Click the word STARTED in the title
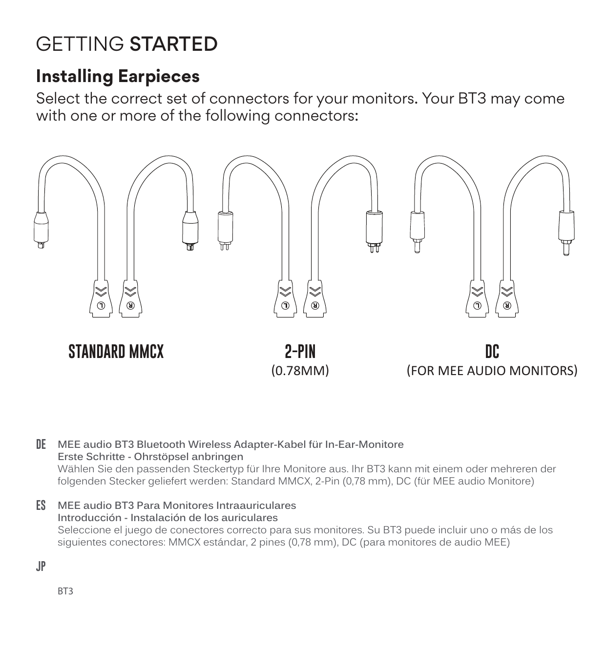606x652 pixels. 174,43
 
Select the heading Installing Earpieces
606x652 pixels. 118,77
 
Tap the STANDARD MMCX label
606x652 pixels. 116,352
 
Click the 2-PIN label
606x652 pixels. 300,352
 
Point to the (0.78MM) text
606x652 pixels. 300,371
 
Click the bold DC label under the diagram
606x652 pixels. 492,352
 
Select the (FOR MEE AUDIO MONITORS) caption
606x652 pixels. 492,371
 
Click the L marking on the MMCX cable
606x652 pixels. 101,306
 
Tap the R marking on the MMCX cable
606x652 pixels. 131,306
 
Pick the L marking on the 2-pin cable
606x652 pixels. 285,306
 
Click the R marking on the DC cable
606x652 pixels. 507,306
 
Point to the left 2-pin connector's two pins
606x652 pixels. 225,246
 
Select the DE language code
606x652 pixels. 41,444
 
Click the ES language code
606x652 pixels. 41,505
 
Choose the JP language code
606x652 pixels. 41,567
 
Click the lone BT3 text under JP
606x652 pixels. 65,591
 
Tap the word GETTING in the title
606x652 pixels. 80,43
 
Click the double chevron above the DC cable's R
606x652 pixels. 507,292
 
